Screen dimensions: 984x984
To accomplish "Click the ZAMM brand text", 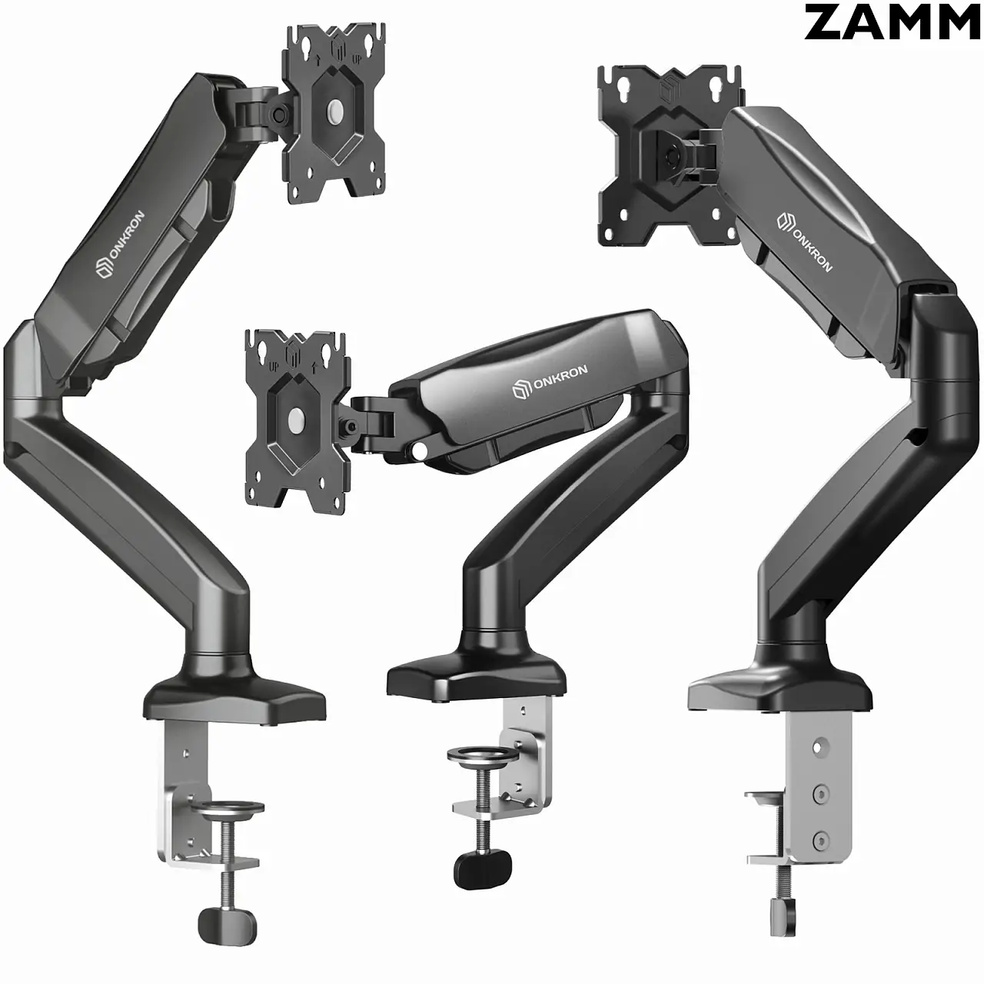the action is click(892, 22).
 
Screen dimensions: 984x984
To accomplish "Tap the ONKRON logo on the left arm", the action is click(121, 244).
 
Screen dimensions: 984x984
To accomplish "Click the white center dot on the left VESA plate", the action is click(335, 110).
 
